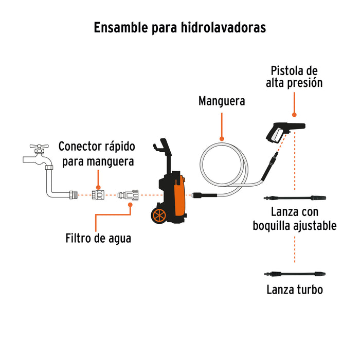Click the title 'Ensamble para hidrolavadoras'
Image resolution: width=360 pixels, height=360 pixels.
(179, 28)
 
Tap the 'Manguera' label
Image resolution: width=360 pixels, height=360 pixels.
(222, 101)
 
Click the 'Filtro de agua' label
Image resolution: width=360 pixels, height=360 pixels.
(98, 239)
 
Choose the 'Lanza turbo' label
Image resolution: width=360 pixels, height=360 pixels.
(295, 290)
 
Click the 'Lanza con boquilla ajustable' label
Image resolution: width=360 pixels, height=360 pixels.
(295, 219)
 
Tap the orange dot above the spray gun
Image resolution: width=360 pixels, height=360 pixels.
(295, 116)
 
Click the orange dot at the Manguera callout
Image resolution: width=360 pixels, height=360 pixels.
(222, 138)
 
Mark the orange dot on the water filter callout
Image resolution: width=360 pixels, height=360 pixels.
(130, 204)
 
